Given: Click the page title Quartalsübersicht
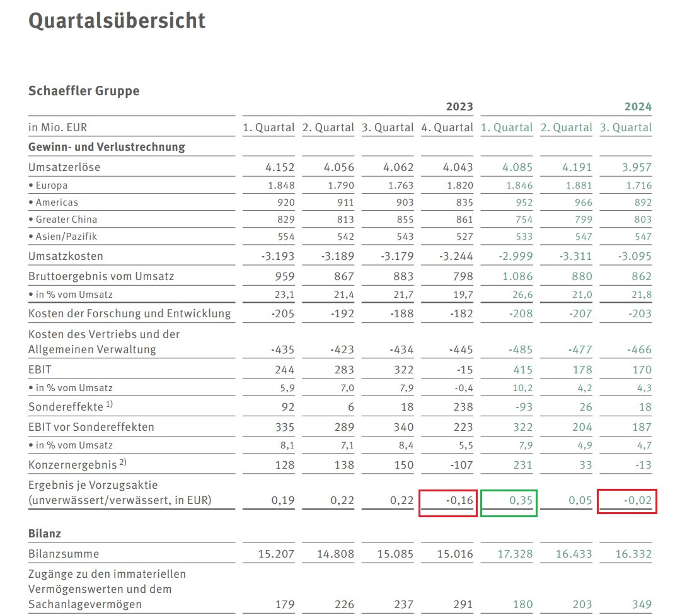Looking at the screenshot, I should click(x=117, y=21).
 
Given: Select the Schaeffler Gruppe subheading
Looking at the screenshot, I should click(x=84, y=91).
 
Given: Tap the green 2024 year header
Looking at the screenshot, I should click(x=638, y=107).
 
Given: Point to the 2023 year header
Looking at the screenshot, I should click(x=459, y=107).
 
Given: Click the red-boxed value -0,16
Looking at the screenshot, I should click(x=459, y=501).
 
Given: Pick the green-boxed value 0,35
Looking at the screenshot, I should click(x=520, y=501).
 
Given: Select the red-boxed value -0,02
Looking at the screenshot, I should click(x=638, y=501).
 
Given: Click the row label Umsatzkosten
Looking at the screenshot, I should click(x=66, y=257).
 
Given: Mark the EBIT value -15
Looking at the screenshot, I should click(x=464, y=370).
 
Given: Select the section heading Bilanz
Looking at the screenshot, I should click(x=45, y=534).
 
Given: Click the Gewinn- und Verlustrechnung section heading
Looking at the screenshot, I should click(x=107, y=147).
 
